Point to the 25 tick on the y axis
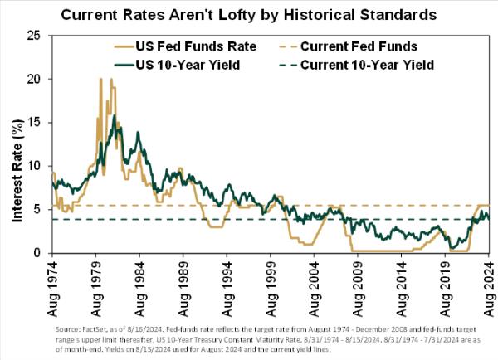[34, 36]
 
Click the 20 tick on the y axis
[34, 79]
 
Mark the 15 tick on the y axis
[34, 123]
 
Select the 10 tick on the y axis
[34, 166]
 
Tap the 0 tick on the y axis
[37, 253]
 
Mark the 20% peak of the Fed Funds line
[100, 80]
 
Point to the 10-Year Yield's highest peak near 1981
[114, 116]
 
